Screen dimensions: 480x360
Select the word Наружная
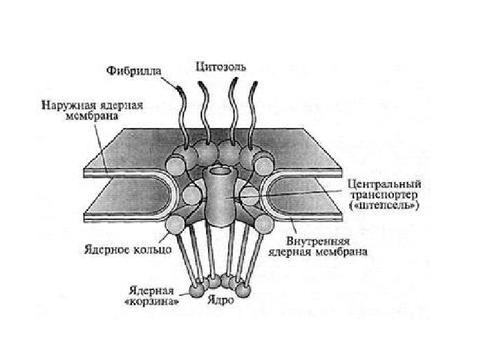[65, 105]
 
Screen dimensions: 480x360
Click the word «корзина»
[152, 300]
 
